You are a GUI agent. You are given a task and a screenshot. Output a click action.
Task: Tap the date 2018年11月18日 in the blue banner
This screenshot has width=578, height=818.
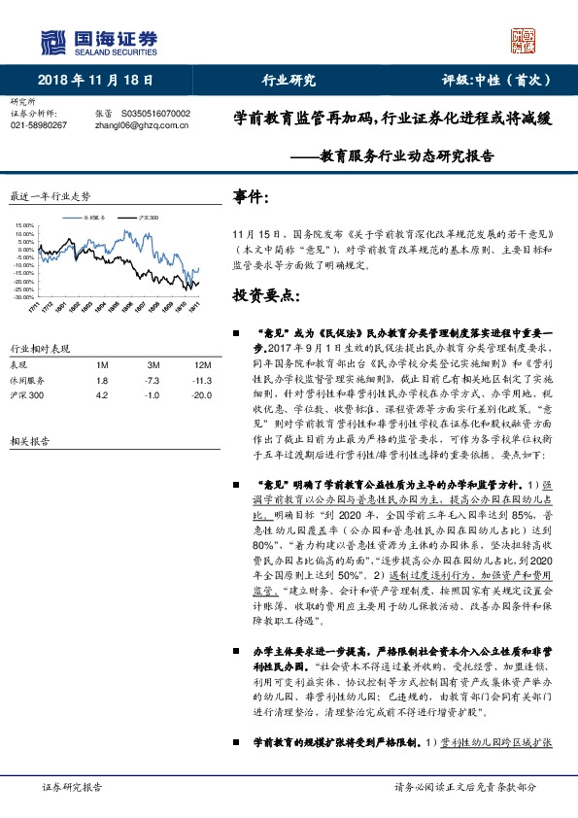pos(96,81)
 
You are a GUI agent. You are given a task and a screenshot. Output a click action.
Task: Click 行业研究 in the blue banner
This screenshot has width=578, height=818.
pos(289,81)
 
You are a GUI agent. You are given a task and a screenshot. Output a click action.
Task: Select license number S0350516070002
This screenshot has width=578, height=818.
pos(155,113)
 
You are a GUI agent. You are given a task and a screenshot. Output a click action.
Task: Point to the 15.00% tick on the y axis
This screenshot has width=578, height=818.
pos(24,226)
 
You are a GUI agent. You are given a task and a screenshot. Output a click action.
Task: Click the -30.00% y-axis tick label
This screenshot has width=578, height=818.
pos(23,296)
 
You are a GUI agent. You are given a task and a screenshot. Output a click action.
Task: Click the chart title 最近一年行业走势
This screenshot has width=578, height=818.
pos(49,195)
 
